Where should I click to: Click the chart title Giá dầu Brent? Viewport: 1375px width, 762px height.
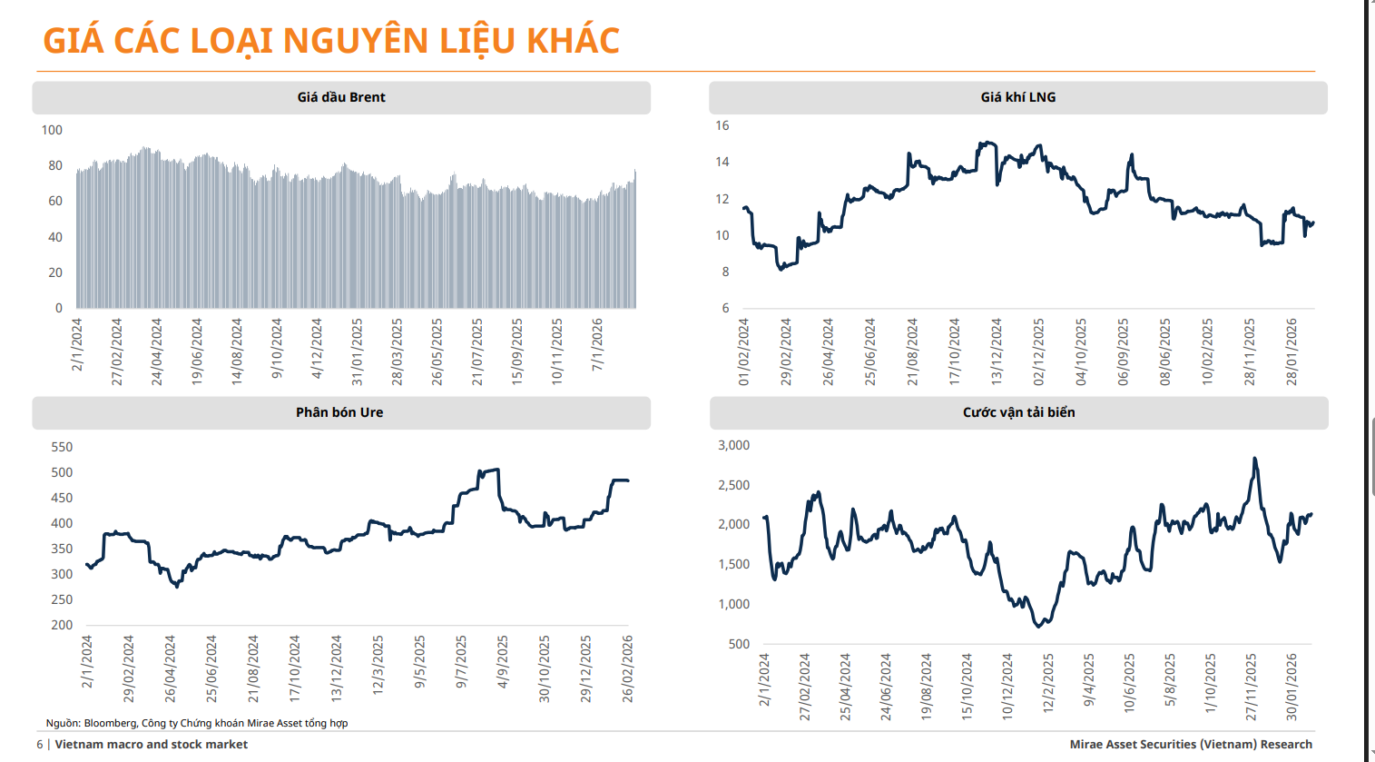[x=341, y=97]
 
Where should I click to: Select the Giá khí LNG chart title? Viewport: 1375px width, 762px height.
[x=1017, y=97]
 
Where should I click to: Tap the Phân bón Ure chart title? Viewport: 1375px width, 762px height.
[x=339, y=412]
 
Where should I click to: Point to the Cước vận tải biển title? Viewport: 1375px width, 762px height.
[x=1018, y=412]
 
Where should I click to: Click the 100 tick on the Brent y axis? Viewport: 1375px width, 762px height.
[x=52, y=130]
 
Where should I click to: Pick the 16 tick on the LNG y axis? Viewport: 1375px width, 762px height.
[x=722, y=125]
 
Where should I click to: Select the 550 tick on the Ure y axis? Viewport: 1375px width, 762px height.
[x=62, y=447]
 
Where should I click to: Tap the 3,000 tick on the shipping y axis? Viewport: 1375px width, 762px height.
[x=733, y=445]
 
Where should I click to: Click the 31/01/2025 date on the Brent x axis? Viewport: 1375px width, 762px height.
[x=358, y=351]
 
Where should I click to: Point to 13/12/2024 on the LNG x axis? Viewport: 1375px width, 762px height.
[x=997, y=351]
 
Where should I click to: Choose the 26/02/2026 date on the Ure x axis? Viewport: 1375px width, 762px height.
[x=627, y=668]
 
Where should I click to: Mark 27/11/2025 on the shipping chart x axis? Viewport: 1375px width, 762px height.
[x=1252, y=687]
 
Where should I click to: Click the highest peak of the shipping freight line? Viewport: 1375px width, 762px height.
[x=1254, y=459]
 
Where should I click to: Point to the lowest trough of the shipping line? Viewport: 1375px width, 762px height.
[x=1038, y=626]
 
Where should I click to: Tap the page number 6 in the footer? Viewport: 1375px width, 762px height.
[x=40, y=745]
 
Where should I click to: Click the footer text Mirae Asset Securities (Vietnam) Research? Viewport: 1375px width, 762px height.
[x=1191, y=745]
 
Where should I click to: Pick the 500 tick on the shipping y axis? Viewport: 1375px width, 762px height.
[x=739, y=644]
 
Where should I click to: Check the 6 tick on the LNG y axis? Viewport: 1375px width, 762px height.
[x=725, y=308]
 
